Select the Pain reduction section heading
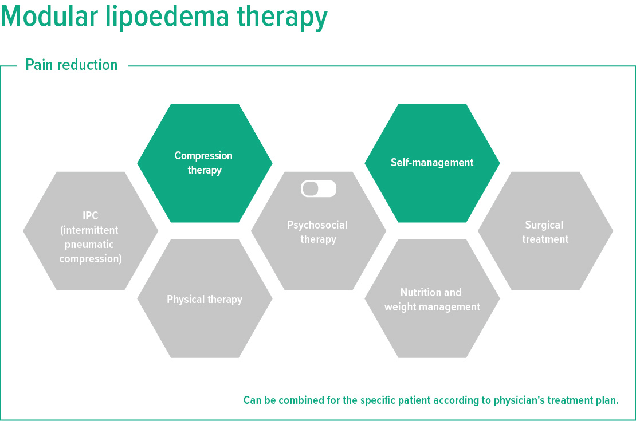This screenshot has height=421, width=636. click(x=72, y=65)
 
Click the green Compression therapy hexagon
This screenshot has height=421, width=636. click(x=204, y=163)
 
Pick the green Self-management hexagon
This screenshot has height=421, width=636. click(x=432, y=163)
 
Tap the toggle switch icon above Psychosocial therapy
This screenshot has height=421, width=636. click(x=319, y=188)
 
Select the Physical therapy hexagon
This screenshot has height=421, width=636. click(x=205, y=300)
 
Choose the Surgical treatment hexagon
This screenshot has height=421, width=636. click(x=545, y=232)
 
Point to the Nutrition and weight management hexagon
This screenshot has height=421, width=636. click(x=432, y=300)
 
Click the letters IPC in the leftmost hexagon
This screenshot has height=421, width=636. click(x=91, y=217)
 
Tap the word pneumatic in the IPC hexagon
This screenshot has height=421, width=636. click(x=90, y=245)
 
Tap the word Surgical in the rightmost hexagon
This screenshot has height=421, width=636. click(x=544, y=225)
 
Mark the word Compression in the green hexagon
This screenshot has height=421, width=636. click(x=203, y=156)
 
